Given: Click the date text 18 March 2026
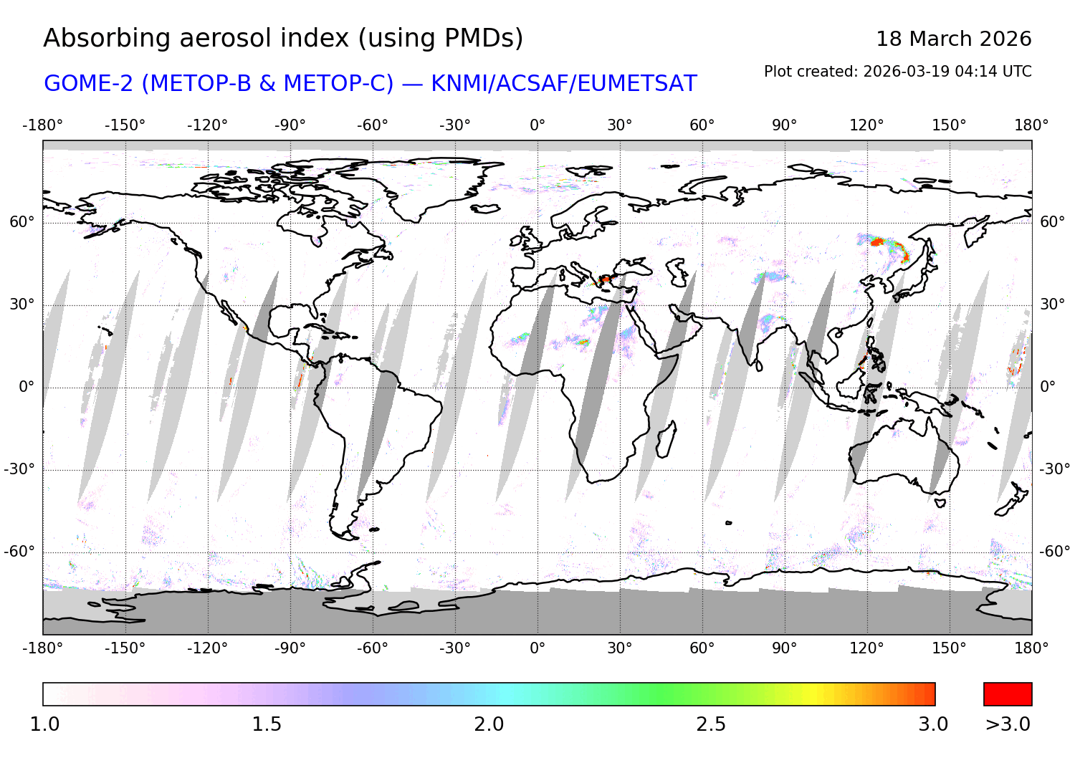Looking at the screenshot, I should [x=953, y=39].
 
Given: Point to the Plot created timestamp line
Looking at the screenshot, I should [x=897, y=72].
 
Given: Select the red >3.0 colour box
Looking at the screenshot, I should [x=1008, y=694].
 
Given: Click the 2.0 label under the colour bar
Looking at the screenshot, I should [x=489, y=724].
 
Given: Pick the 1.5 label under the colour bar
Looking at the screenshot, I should [x=267, y=724].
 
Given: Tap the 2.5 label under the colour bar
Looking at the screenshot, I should [x=711, y=724].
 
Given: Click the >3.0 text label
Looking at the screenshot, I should [x=1008, y=724].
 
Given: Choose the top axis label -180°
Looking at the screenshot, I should [x=43, y=125].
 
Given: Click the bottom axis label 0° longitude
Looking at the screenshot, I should [x=537, y=648].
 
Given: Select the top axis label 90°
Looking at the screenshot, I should [x=785, y=125].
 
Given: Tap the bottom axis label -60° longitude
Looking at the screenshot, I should [x=373, y=648].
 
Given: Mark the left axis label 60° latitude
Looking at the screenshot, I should [x=22, y=222].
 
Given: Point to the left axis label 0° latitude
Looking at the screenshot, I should [x=26, y=387].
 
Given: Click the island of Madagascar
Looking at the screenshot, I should [x=666, y=438].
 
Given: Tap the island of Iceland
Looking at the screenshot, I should [x=485, y=208].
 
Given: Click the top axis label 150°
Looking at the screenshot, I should [x=950, y=125].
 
